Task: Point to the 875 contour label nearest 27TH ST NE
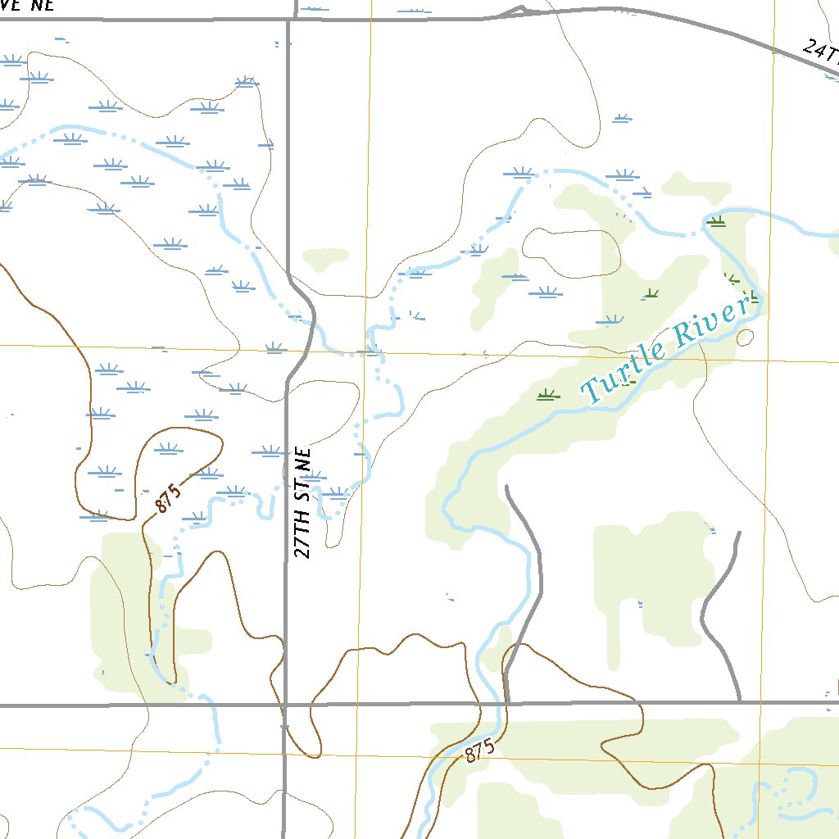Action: click(166, 500)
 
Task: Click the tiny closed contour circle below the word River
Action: click(745, 337)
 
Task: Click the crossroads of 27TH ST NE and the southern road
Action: click(285, 704)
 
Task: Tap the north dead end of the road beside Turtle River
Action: click(507, 488)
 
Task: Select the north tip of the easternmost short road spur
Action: click(738, 533)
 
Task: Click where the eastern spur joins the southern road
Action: click(740, 701)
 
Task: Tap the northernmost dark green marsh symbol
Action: click(717, 221)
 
